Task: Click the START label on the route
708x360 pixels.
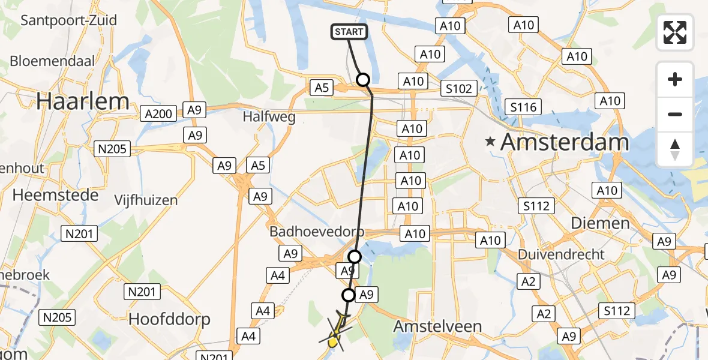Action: point(349,32)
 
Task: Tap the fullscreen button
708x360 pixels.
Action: point(675,32)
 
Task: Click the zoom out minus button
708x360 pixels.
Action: point(675,114)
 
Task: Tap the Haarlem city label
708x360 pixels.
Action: point(82,101)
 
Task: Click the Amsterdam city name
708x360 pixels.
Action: point(564,143)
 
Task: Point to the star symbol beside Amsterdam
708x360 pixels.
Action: point(491,143)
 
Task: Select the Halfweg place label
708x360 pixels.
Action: point(269,117)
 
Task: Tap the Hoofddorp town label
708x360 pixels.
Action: point(170,319)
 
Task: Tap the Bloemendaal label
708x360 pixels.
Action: point(53,62)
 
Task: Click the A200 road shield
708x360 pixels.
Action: point(158,113)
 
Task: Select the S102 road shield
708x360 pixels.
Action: point(459,89)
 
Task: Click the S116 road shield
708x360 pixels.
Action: point(523,107)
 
